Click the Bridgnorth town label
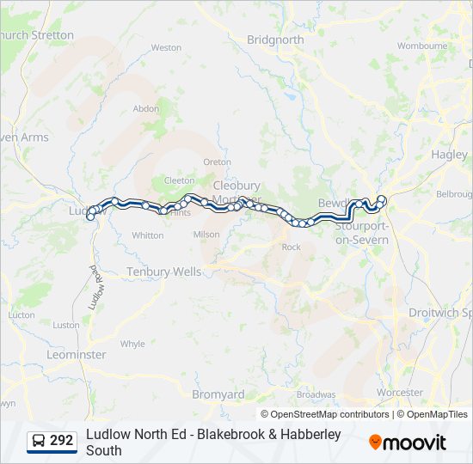(275, 40)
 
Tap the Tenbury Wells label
(163, 272)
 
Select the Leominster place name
(77, 354)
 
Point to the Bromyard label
(218, 394)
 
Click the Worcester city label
(400, 393)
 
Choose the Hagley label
(450, 155)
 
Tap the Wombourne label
(421, 46)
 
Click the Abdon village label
(146, 109)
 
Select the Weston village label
(166, 48)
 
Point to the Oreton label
(217, 162)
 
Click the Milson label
(206, 235)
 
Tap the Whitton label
(148, 235)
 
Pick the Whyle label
(132, 344)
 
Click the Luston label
(66, 325)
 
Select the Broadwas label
(316, 394)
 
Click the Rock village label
(291, 247)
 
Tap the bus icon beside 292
(40, 441)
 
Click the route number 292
(62, 441)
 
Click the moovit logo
(408, 443)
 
